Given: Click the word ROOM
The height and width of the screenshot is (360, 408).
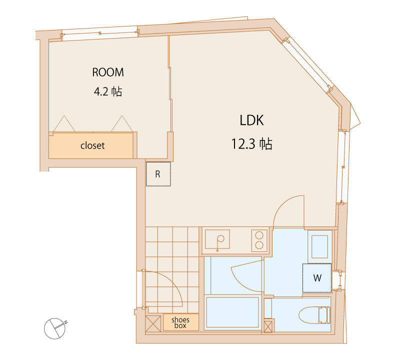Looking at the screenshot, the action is click(108, 72).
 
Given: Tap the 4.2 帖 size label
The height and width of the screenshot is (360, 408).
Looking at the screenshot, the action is click(108, 91).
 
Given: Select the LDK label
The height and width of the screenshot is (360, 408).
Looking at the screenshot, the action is click(251, 120).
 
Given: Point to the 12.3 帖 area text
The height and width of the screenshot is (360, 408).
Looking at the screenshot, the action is click(252, 143).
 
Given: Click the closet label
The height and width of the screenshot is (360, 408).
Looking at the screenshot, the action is click(92, 145).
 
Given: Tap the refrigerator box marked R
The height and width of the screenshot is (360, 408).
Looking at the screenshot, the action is click(158, 174).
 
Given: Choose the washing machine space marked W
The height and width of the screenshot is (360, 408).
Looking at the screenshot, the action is click(317, 278).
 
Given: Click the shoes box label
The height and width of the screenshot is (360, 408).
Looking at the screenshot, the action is click(180, 322).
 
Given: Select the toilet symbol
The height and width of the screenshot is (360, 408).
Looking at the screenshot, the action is click(314, 315).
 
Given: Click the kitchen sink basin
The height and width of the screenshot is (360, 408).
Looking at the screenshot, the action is click(217, 239).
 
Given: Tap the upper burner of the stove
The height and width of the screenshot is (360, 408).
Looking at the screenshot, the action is click(259, 235).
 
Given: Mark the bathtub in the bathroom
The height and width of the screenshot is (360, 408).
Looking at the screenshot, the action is click(232, 312).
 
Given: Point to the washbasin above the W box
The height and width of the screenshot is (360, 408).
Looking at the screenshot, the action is click(320, 246).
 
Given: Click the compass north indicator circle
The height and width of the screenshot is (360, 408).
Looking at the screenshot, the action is click(54, 328).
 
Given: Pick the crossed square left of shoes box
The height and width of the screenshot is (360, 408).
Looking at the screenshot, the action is click(153, 323).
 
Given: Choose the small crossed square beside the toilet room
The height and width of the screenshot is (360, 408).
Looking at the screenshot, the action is click(268, 326).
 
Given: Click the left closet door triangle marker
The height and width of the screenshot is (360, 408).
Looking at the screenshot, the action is click(64, 124).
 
